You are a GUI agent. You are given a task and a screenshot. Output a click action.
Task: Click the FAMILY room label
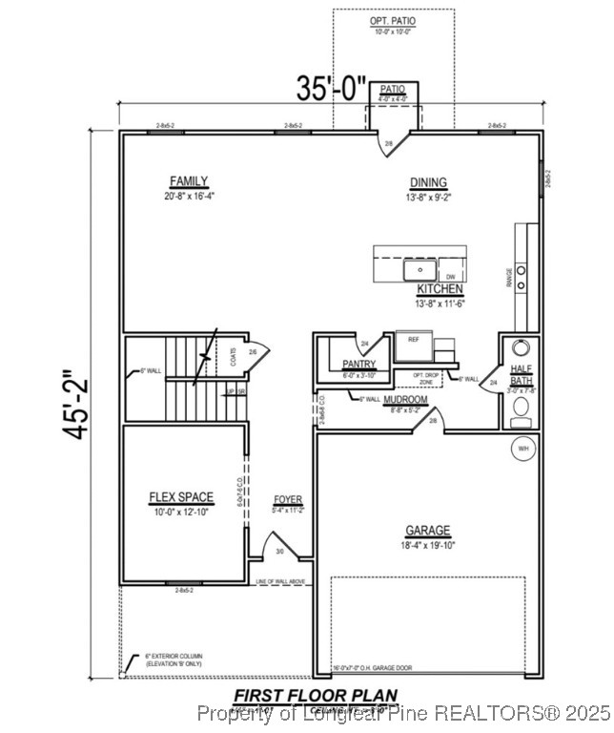pyautogui.click(x=189, y=181)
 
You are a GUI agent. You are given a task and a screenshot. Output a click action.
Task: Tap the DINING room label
pyautogui.click(x=428, y=183)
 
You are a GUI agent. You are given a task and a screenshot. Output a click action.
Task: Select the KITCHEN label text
pyautogui.click(x=440, y=288)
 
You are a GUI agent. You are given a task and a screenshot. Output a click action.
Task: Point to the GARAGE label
pyautogui.click(x=427, y=531)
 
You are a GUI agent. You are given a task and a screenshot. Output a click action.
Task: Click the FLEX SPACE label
pyautogui.click(x=181, y=497)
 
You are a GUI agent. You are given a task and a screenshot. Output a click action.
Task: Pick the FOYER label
pyautogui.click(x=287, y=499)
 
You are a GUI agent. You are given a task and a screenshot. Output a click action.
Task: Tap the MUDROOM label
pyautogui.click(x=404, y=399)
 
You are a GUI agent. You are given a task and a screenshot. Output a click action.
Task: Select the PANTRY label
pyautogui.click(x=358, y=364)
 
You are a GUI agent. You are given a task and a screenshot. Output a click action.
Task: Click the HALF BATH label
pyautogui.click(x=521, y=374)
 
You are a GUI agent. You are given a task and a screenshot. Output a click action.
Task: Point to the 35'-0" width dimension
pyautogui.click(x=331, y=89)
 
